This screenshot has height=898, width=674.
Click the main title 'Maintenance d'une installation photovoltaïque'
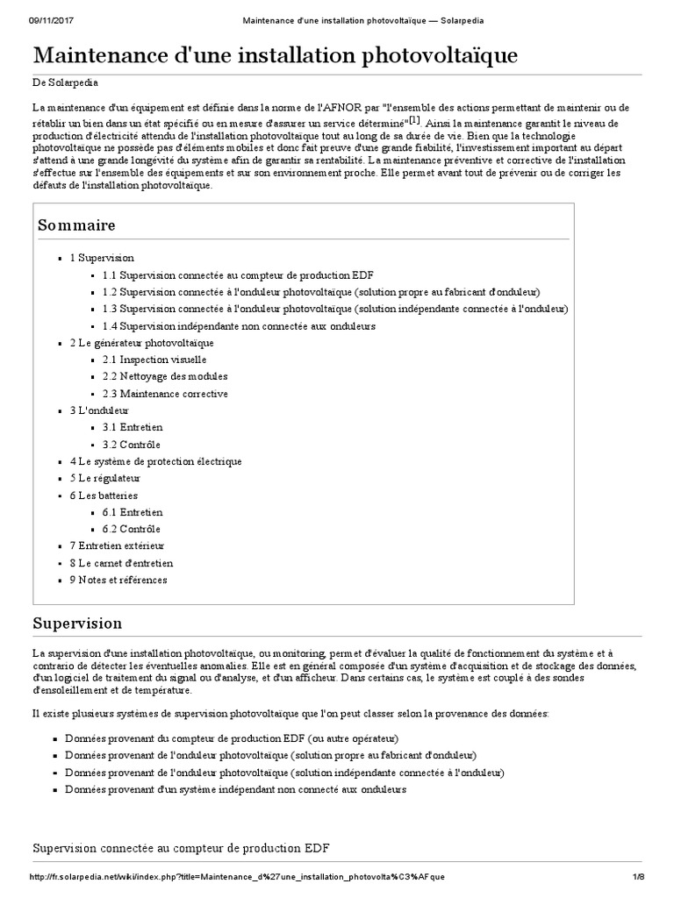[275, 57]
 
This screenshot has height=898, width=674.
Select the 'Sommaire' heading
[76, 225]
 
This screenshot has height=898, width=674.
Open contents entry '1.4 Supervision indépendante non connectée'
[239, 326]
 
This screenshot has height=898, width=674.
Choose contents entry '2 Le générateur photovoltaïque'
[141, 343]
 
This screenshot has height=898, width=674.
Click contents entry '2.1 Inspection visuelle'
[154, 360]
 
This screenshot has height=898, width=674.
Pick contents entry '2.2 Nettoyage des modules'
[165, 377]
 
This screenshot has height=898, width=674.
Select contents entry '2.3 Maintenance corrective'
[165, 394]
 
